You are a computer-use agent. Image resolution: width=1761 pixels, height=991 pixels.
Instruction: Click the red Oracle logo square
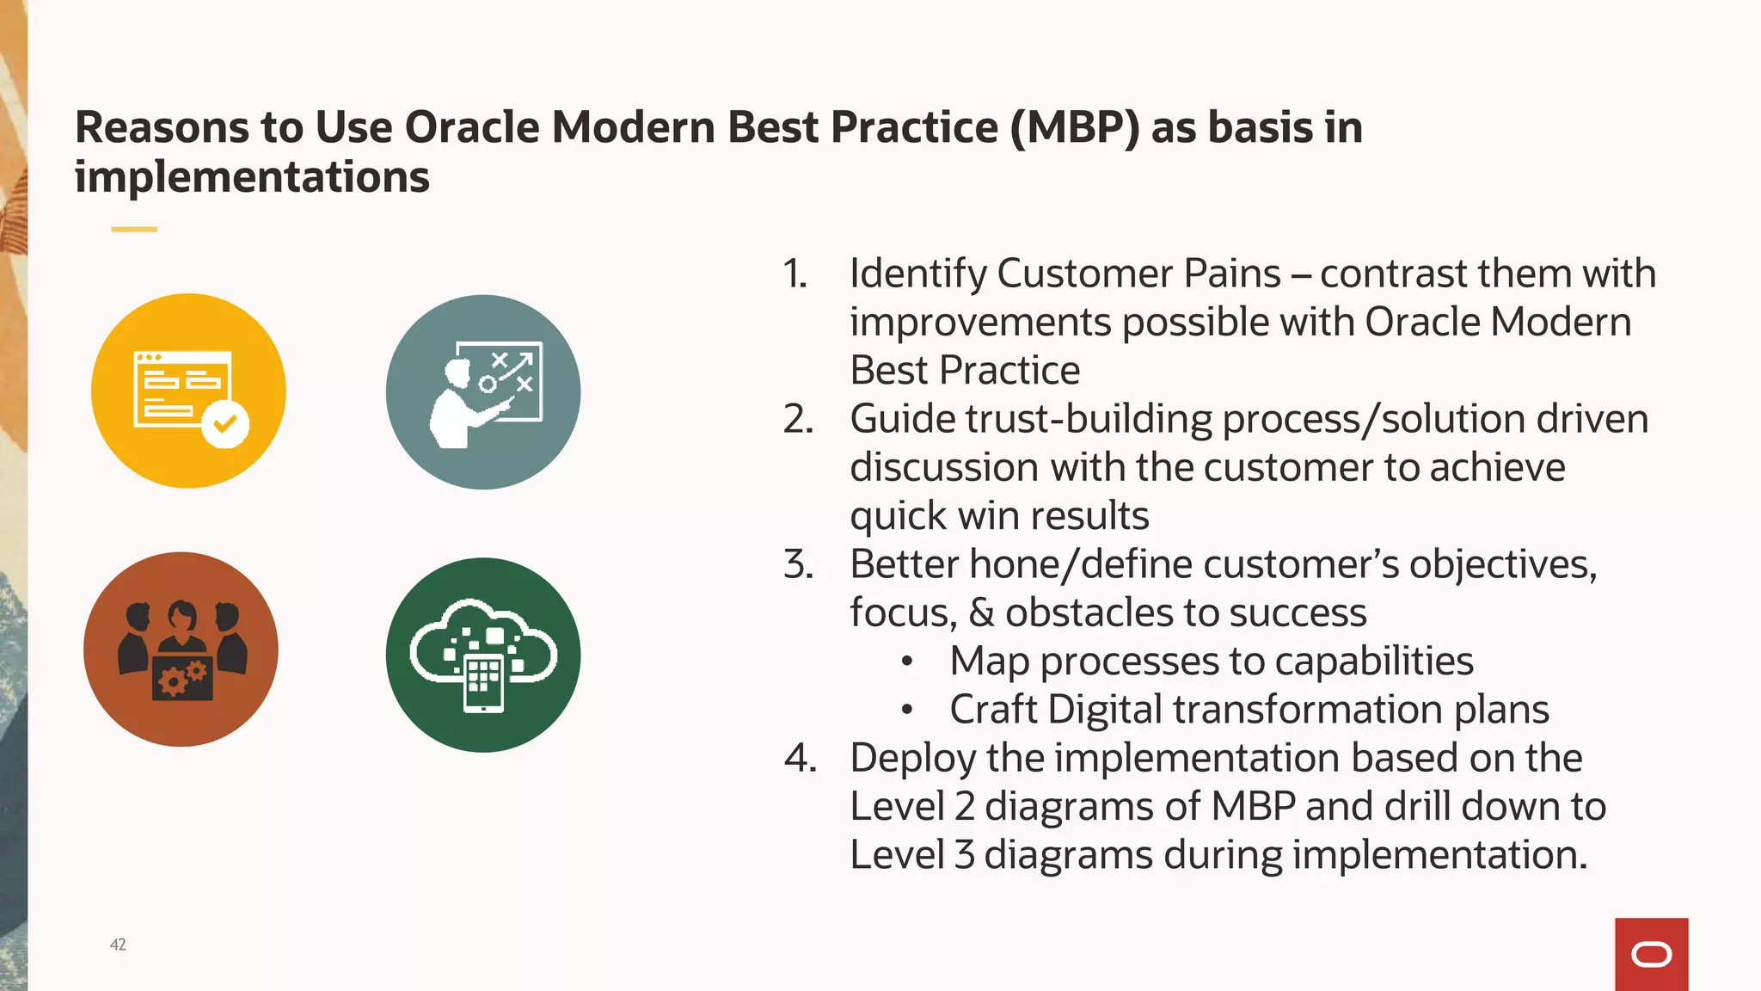click(1651, 954)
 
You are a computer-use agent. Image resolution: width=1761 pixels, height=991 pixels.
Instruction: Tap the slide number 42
click(118, 945)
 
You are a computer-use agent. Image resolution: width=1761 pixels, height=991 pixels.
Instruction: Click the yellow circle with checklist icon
click(188, 391)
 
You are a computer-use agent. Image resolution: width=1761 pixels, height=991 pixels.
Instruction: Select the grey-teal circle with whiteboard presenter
click(483, 392)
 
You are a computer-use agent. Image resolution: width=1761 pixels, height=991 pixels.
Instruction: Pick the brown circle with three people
click(181, 649)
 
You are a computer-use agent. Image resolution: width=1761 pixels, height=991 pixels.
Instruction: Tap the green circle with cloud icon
click(483, 655)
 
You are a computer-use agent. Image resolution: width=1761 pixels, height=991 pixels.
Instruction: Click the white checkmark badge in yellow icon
click(225, 423)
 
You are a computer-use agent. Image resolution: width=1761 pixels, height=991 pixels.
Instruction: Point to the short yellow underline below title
click(134, 229)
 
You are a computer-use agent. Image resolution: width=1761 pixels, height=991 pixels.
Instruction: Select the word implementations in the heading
click(252, 177)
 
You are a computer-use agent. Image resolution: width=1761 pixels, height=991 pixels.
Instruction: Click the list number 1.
click(795, 274)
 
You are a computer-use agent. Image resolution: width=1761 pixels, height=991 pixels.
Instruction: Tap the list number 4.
click(800, 758)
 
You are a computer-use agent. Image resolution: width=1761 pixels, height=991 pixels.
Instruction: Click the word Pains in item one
click(1232, 274)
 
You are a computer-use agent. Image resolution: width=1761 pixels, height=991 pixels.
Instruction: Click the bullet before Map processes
click(906, 662)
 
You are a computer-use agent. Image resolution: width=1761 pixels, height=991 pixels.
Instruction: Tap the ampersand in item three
click(981, 612)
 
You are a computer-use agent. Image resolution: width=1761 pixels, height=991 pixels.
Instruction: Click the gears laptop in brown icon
click(182, 679)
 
